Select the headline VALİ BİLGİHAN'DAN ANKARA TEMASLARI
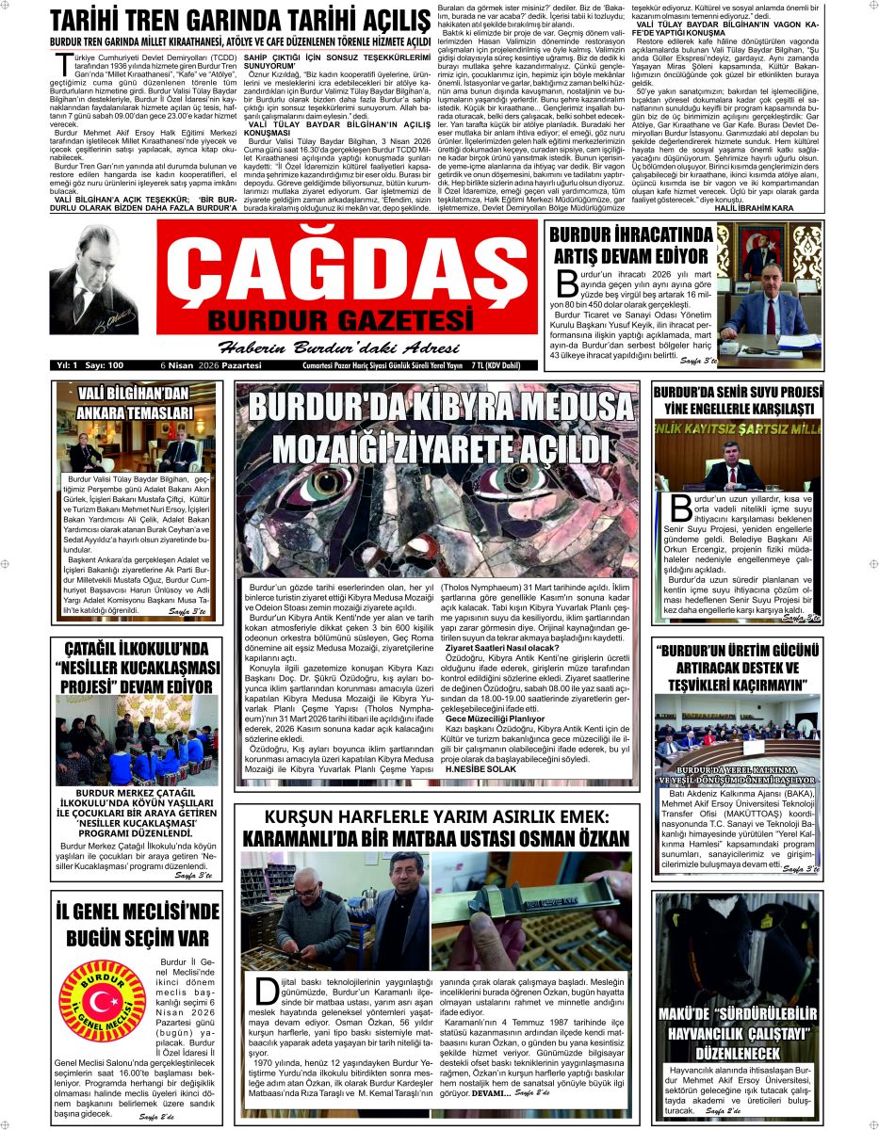(x=122, y=402)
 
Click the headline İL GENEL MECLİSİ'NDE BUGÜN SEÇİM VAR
(x=137, y=924)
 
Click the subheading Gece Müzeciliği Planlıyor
(x=495, y=718)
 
